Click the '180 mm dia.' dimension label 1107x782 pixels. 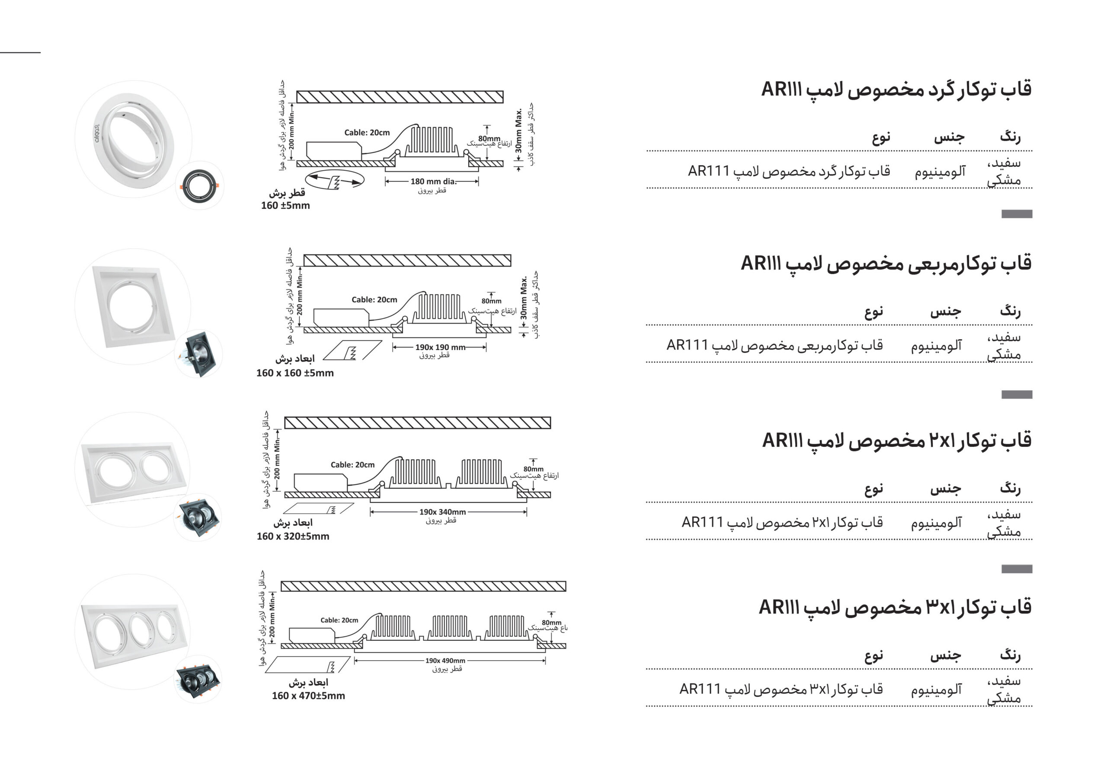(x=433, y=181)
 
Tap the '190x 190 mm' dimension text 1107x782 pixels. (x=440, y=347)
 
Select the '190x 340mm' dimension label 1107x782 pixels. (x=442, y=512)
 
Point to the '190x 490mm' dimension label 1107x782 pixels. (x=445, y=661)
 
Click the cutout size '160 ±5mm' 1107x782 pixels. (x=285, y=206)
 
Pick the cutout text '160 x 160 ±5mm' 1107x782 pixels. (x=294, y=373)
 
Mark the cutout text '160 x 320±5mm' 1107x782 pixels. (x=293, y=536)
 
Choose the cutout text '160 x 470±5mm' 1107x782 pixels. (x=308, y=696)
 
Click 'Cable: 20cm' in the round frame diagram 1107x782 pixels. (x=367, y=133)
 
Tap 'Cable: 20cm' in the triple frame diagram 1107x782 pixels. (x=339, y=620)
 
